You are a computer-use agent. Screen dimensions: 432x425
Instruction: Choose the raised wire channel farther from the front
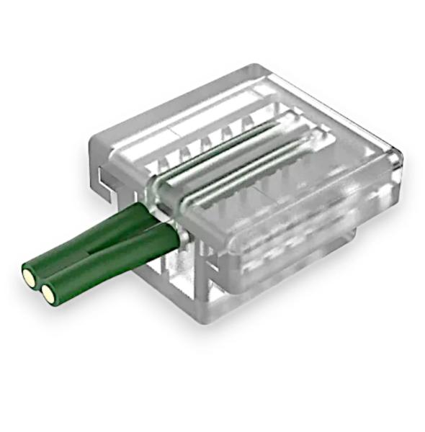pyautogui.click(x=216, y=155)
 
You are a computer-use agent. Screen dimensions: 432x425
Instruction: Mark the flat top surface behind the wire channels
pyautogui.click(x=216, y=108)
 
